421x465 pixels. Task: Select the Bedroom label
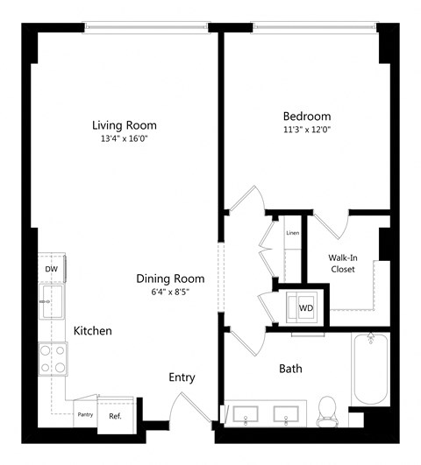[x=306, y=116]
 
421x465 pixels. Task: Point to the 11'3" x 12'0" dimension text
[x=306, y=130]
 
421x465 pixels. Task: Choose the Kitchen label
[x=92, y=331]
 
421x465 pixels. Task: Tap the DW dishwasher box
[x=52, y=270]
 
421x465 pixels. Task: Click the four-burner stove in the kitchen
[x=53, y=356]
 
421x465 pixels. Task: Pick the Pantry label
[x=85, y=413]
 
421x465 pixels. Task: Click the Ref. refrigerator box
[x=115, y=415]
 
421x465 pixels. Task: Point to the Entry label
[x=182, y=378]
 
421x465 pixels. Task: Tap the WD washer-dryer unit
[x=306, y=307]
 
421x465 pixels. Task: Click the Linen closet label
[x=291, y=232]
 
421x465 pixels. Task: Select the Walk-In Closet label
[x=342, y=264]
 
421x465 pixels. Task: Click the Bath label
[x=290, y=369]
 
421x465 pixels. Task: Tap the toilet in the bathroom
[x=326, y=409]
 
